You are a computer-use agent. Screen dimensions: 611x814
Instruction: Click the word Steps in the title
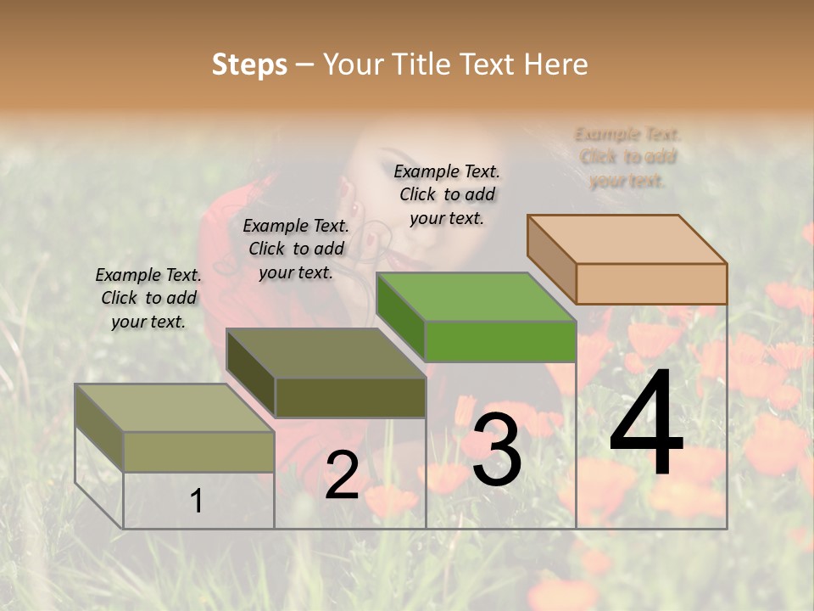click(x=249, y=64)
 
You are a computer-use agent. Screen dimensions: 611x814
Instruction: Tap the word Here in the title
click(x=556, y=64)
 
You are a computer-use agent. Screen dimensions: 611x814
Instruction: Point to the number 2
click(x=343, y=475)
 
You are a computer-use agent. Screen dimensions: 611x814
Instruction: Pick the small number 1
click(x=197, y=502)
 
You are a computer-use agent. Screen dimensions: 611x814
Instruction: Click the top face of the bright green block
click(x=475, y=298)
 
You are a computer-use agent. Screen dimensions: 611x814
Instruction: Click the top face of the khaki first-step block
click(x=175, y=408)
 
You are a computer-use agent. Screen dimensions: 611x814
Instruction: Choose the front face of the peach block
click(x=651, y=283)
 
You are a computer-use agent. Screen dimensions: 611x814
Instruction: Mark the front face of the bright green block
click(x=500, y=342)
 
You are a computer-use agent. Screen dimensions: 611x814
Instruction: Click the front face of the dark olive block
click(x=350, y=397)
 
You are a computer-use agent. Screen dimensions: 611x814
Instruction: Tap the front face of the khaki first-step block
click(x=199, y=451)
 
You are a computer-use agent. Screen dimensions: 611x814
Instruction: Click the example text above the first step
click(x=148, y=298)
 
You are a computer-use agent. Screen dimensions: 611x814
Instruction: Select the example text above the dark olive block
click(x=296, y=249)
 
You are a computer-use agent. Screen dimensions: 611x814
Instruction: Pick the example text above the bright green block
click(x=447, y=194)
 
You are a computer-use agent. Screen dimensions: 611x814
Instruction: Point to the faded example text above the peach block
click(x=627, y=157)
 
